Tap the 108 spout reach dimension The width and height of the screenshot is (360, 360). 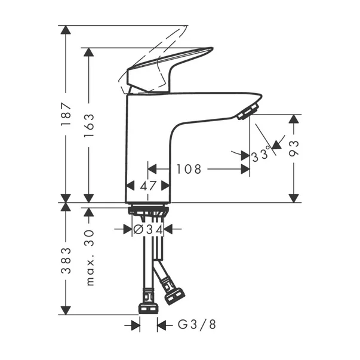(x=188, y=169)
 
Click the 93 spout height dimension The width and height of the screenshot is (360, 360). (x=293, y=149)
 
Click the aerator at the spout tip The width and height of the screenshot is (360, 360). (x=247, y=112)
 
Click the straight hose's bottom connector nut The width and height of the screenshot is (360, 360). (x=147, y=307)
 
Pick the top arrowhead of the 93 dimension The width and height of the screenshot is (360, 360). (x=293, y=119)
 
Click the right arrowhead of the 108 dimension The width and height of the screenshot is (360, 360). (x=245, y=169)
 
